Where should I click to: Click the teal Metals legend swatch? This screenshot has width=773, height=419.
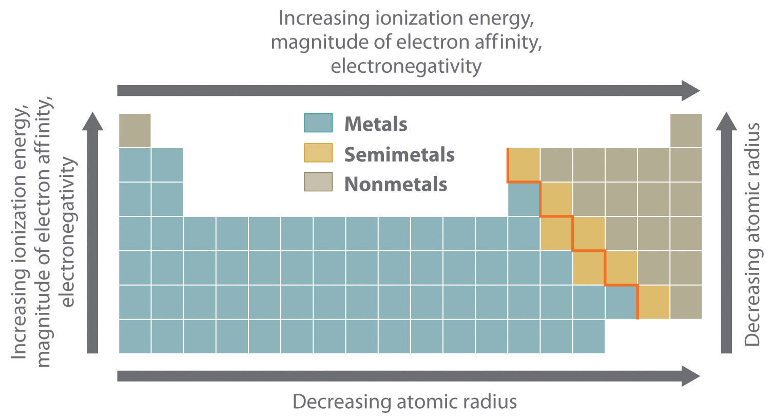click(x=318, y=123)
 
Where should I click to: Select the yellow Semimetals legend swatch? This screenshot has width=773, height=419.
click(x=318, y=153)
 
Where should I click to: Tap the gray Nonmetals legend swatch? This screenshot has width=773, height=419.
click(x=318, y=182)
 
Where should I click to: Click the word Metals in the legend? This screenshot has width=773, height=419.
click(x=376, y=124)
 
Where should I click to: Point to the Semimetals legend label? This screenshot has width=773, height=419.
click(x=399, y=154)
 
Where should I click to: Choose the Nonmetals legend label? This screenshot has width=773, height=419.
click(x=396, y=184)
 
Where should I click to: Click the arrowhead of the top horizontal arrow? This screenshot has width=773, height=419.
click(x=690, y=90)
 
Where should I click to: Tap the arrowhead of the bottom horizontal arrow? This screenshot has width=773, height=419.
click(x=690, y=376)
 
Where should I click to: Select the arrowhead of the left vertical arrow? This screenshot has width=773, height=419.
click(x=92, y=122)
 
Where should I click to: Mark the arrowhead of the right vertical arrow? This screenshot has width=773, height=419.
click(x=726, y=122)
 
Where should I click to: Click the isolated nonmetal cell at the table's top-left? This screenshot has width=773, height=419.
click(x=134, y=130)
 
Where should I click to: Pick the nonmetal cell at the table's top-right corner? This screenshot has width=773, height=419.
click(x=686, y=130)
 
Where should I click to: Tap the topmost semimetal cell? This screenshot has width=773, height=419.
click(x=524, y=165)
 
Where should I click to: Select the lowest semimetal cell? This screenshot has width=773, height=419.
click(x=654, y=302)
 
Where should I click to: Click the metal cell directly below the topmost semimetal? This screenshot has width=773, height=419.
click(x=524, y=199)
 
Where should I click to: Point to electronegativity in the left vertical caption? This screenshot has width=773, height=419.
click(x=68, y=233)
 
